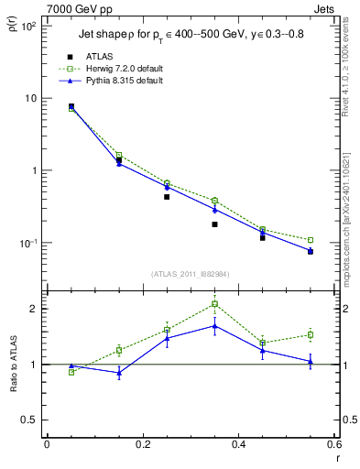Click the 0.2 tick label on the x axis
pos(141,446)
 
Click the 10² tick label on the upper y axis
pos(29,27)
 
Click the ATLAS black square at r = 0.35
pos(214,224)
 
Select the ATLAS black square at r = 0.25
pos(167,197)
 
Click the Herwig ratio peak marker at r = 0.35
pos(214,304)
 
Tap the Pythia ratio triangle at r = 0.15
pos(119,373)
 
